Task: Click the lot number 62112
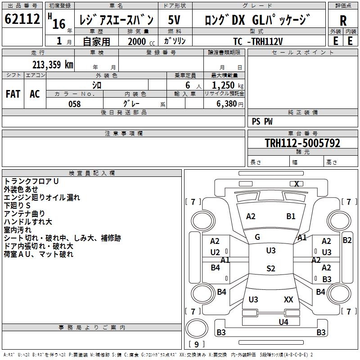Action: click(x=22, y=18)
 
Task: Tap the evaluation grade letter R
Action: click(x=343, y=21)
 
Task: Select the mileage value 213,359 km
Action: click(x=53, y=64)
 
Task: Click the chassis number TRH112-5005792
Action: click(x=302, y=143)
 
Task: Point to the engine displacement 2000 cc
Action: click(x=141, y=41)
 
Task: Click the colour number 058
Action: click(x=75, y=104)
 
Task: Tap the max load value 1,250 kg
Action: click(x=228, y=85)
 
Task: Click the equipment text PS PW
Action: click(x=262, y=121)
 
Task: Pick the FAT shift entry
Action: click(x=13, y=94)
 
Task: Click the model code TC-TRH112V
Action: click(x=258, y=41)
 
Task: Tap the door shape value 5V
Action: click(x=174, y=20)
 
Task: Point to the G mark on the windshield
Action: click(x=257, y=237)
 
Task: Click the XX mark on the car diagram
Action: click(x=288, y=299)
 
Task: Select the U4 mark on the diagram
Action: click(x=283, y=322)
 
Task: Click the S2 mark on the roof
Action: click(x=271, y=268)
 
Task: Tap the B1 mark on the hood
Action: click(x=291, y=216)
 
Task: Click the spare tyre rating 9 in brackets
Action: click(x=197, y=344)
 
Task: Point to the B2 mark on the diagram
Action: click(x=347, y=240)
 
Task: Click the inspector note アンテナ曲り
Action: click(x=24, y=213)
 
